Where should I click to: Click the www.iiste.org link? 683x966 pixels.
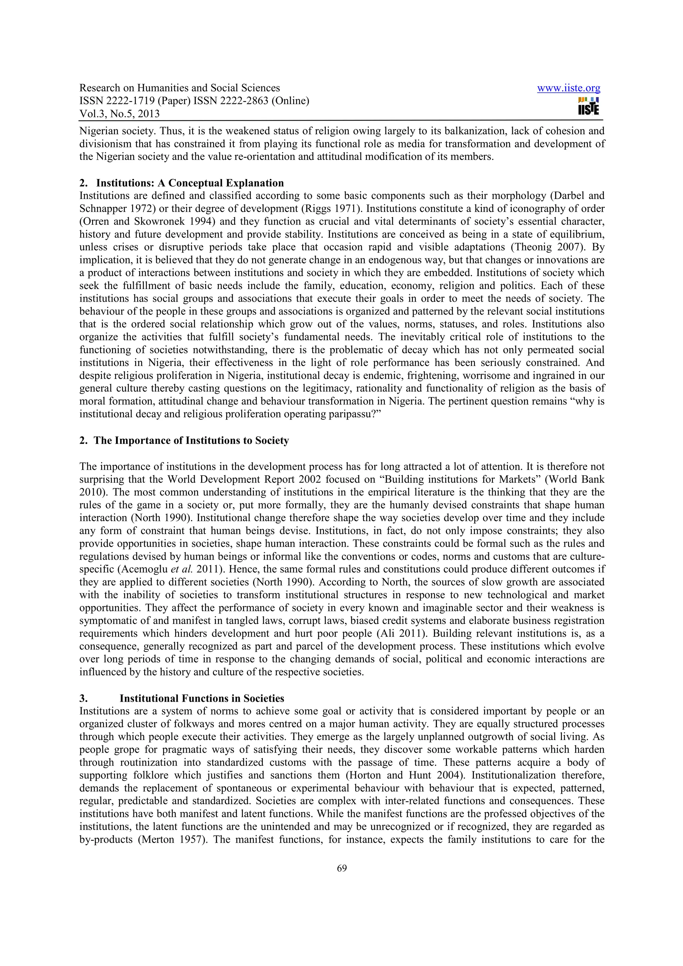(569, 88)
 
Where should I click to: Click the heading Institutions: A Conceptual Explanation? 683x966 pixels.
(190, 183)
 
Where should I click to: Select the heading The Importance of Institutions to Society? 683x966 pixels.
(191, 441)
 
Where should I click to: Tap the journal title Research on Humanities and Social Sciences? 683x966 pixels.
(180, 88)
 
